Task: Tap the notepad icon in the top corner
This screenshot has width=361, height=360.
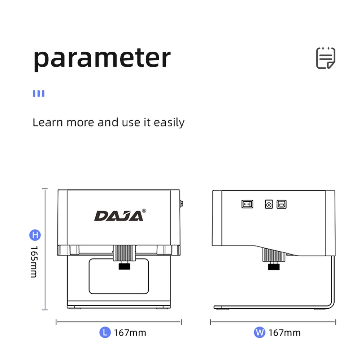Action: click(x=326, y=58)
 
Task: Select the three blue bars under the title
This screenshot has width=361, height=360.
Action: click(x=39, y=94)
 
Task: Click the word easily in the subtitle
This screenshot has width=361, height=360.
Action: click(x=169, y=123)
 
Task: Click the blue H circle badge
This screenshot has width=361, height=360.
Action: click(x=35, y=235)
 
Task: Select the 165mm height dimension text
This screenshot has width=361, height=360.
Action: click(x=34, y=262)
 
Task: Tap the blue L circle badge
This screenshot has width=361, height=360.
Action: click(x=105, y=332)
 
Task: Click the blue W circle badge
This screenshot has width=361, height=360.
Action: click(x=259, y=332)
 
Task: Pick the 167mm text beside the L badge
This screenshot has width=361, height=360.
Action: click(x=130, y=333)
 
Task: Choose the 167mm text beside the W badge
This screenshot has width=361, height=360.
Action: click(x=284, y=333)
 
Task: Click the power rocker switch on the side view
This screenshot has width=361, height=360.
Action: click(x=247, y=204)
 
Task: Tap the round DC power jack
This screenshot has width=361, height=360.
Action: click(x=269, y=204)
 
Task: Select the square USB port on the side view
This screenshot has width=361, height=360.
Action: click(x=282, y=204)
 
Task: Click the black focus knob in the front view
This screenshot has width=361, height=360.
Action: click(x=125, y=267)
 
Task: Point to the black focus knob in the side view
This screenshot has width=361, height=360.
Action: click(x=273, y=267)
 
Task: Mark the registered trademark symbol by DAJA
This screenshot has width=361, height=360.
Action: click(x=144, y=210)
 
